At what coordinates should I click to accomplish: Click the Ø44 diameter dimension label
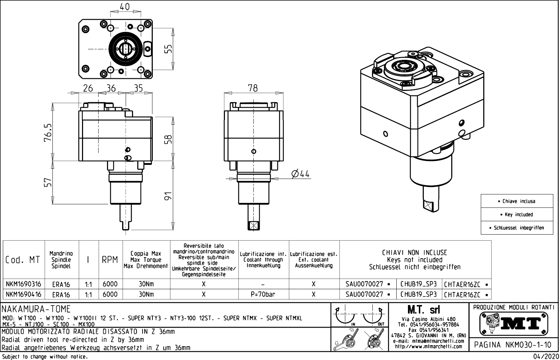tap(300, 174)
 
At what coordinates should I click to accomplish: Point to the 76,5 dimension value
tap(48, 132)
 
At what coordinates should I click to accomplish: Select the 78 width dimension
tap(253, 88)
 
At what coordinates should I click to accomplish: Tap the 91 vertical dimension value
tap(168, 196)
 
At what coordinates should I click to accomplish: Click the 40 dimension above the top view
tap(125, 7)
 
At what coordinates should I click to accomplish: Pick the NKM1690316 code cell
tap(24, 284)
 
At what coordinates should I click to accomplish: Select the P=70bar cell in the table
tap(263, 294)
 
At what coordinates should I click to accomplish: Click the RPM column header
tap(110, 260)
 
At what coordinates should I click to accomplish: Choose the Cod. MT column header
tap(23, 260)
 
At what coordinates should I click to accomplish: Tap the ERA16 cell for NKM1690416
tap(61, 295)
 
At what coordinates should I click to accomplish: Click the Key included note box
tap(517, 215)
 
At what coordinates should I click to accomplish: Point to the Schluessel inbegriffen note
tap(517, 228)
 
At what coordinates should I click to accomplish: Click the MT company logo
tap(514, 324)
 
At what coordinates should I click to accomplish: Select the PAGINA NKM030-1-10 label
tap(512, 345)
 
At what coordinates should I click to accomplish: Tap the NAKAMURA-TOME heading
tap(36, 309)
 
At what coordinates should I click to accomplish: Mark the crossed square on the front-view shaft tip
tap(253, 226)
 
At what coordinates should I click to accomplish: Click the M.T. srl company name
tap(423, 310)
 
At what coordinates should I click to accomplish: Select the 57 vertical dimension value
tap(48, 182)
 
